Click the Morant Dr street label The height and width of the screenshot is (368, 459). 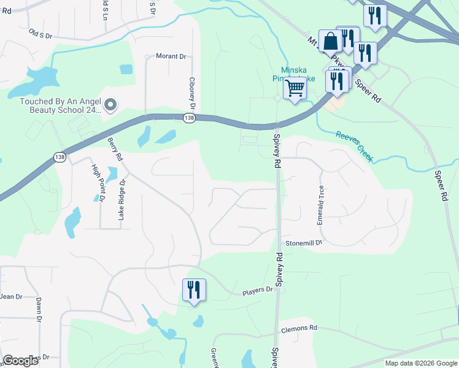[171, 56]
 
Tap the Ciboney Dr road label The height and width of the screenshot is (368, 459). [192, 90]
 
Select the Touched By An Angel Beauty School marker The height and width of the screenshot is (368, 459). [110, 106]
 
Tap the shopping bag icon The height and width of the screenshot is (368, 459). [330, 42]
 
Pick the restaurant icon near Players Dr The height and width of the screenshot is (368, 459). [195, 289]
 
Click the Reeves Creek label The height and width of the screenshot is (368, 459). [354, 146]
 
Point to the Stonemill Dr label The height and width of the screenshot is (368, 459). [304, 243]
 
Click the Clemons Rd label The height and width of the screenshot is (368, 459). [299, 328]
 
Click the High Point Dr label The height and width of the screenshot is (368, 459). [98, 183]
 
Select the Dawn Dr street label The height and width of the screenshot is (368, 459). [38, 310]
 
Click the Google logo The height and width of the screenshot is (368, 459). [20, 361]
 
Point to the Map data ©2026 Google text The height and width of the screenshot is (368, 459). [420, 363]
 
